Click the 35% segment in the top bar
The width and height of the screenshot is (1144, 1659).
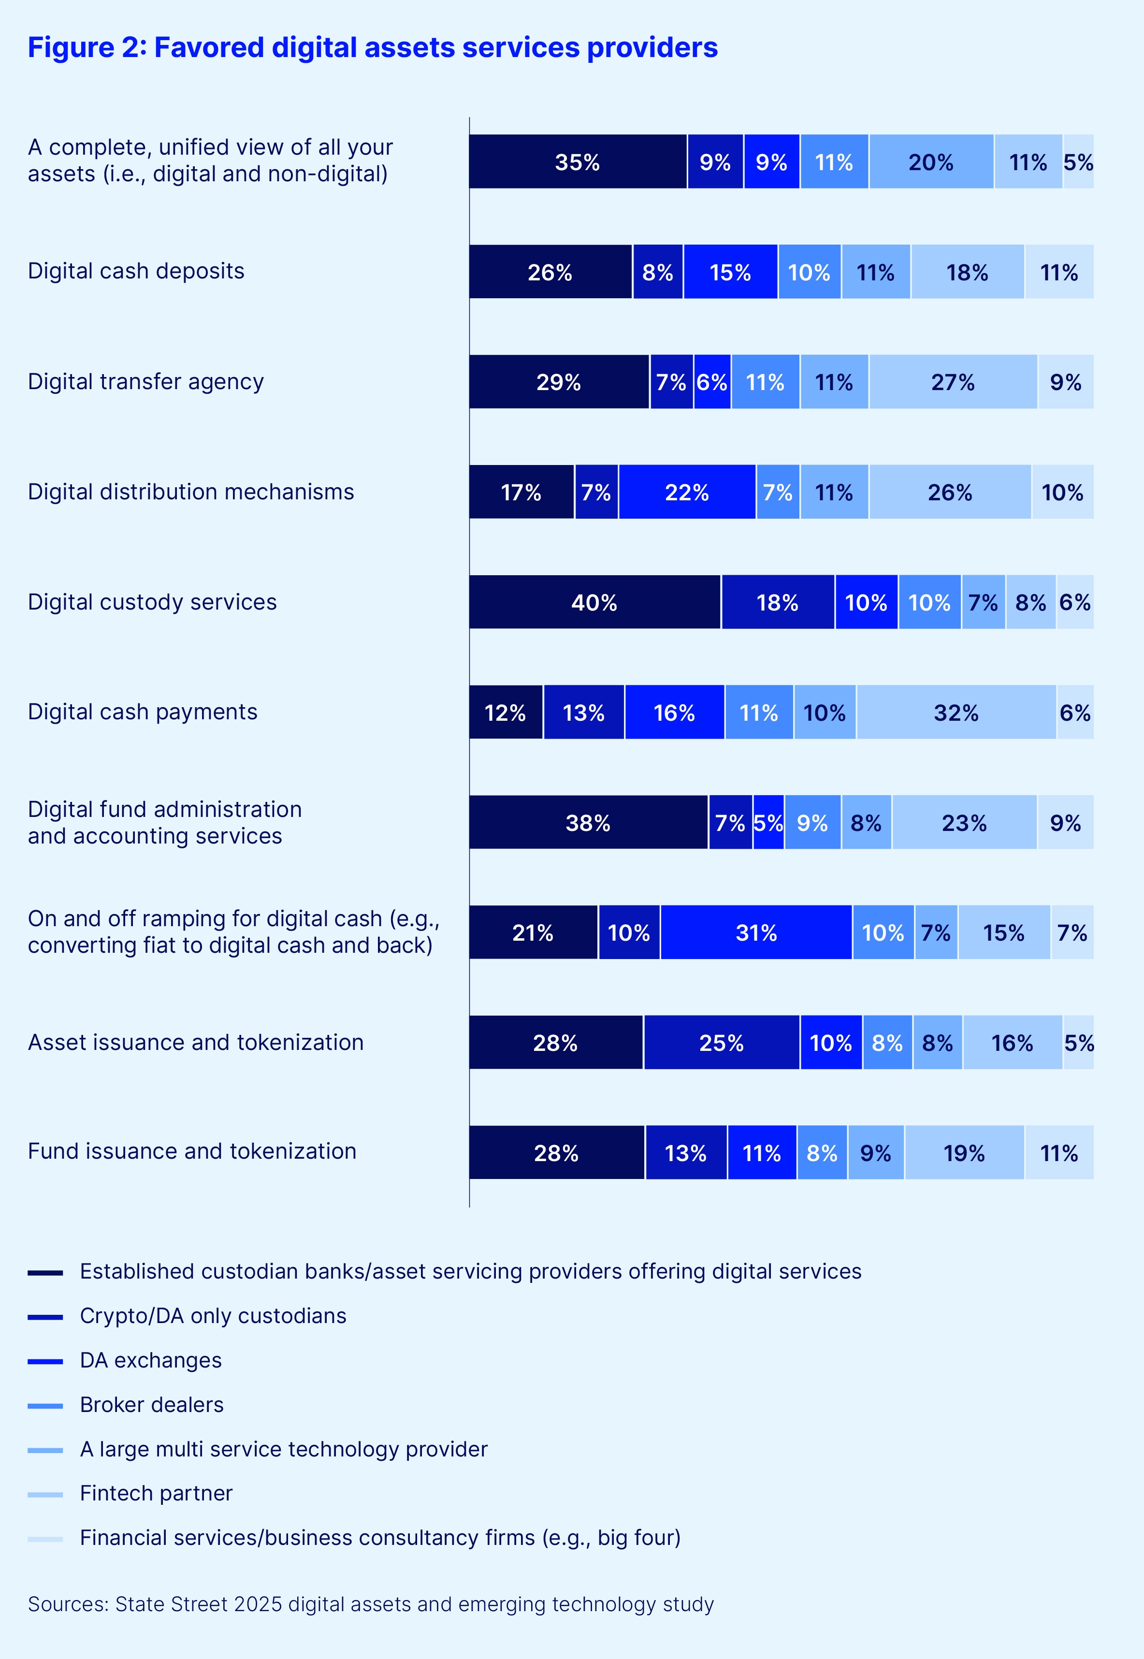pyautogui.click(x=578, y=162)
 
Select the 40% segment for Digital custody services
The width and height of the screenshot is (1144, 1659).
pyautogui.click(x=594, y=602)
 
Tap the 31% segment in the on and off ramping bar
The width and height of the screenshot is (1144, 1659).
pyautogui.click(x=756, y=933)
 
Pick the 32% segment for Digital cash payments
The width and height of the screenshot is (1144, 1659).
pyautogui.click(x=956, y=713)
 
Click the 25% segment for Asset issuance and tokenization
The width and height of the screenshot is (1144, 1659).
pyautogui.click(x=721, y=1042)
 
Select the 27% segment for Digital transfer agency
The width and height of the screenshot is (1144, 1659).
pyautogui.click(x=953, y=382)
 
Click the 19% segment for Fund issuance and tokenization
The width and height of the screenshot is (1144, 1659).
pyautogui.click(x=964, y=1153)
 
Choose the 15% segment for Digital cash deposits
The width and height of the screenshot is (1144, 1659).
pyautogui.click(x=730, y=273)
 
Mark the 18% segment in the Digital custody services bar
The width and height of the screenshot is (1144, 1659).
pyautogui.click(x=778, y=602)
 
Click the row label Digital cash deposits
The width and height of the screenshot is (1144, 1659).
pyautogui.click(x=136, y=271)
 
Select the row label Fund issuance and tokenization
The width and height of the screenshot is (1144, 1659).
pyautogui.click(x=192, y=1150)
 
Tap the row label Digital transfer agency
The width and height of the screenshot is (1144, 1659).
pyautogui.click(x=145, y=381)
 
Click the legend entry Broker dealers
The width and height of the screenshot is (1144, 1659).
pyautogui.click(x=152, y=1404)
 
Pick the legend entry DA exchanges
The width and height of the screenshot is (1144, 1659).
pyautogui.click(x=150, y=1360)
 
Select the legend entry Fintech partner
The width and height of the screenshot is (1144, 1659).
pyautogui.click(x=156, y=1493)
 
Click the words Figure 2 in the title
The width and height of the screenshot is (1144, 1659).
pyautogui.click(x=86, y=47)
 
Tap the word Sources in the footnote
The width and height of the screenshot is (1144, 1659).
pyautogui.click(x=67, y=1604)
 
